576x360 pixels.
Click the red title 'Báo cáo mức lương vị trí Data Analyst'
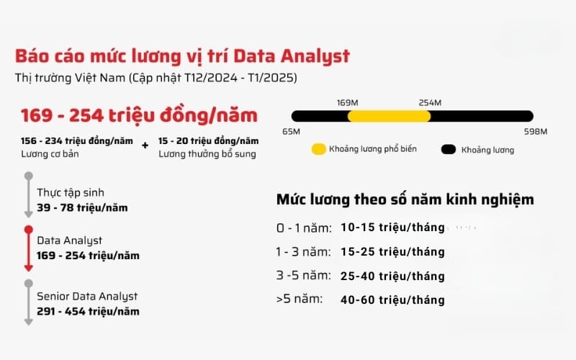183,56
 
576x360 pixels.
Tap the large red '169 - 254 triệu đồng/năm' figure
139,115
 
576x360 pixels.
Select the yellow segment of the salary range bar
389,115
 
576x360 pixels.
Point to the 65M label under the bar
292,131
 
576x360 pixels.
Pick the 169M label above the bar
348,102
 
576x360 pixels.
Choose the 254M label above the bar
430,102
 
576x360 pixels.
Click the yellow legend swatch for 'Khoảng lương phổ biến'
318,150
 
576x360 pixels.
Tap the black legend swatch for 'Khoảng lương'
449,150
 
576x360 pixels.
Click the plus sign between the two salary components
145,145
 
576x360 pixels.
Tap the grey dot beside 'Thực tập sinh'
28,175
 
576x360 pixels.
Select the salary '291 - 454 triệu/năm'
88,311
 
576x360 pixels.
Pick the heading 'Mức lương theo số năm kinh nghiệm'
405,199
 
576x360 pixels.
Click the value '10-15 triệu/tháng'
392,228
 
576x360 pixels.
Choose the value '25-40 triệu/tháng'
392,276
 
